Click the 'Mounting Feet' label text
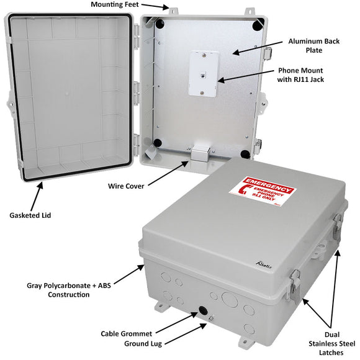(119, 5)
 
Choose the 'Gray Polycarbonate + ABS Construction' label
(68, 290)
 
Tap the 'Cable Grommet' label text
(127, 333)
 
